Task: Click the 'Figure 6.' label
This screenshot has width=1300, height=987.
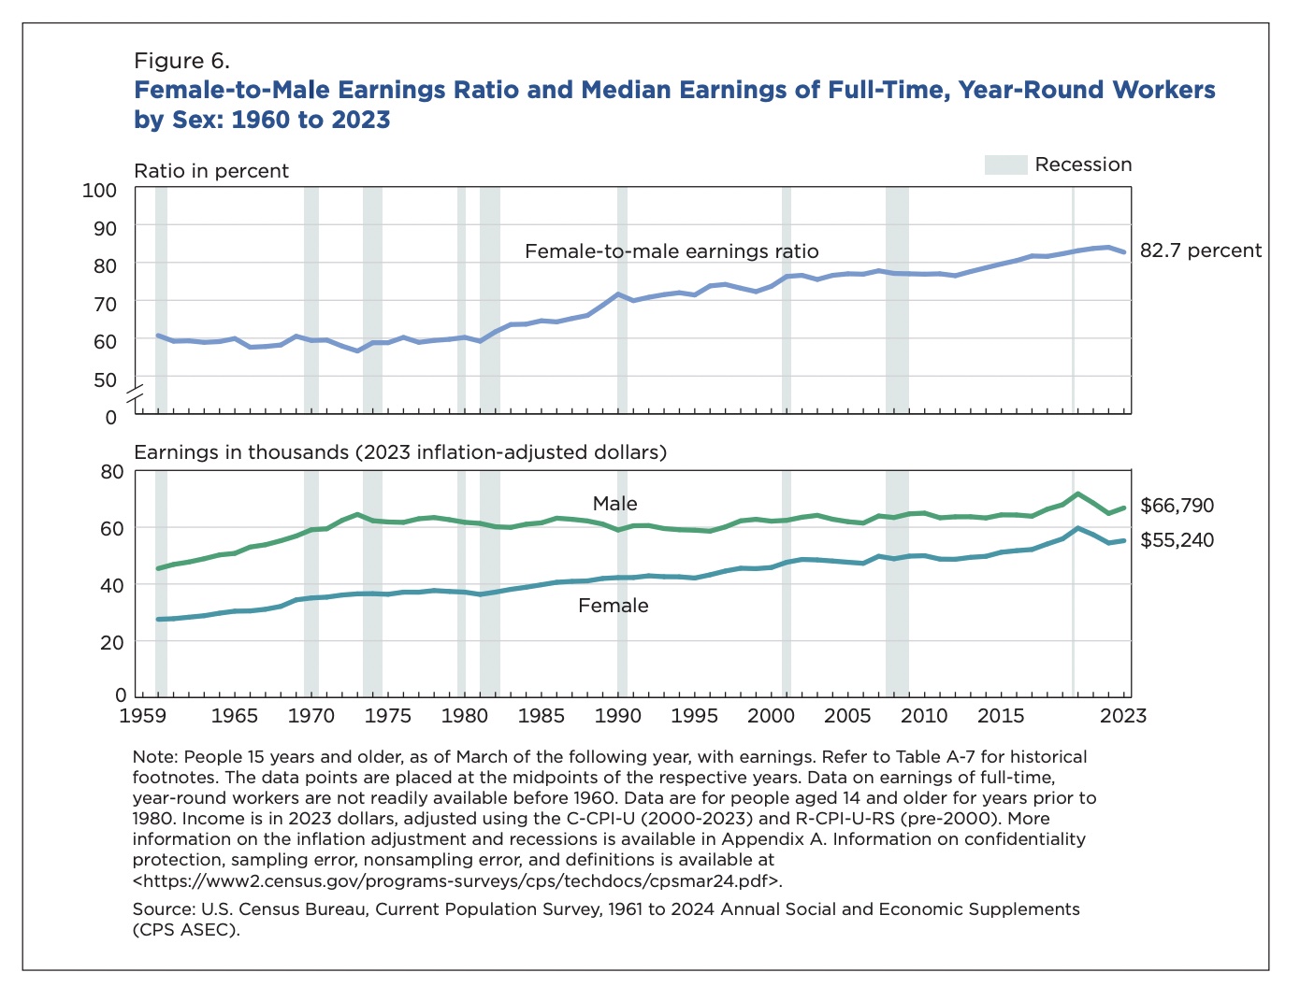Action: coord(181,62)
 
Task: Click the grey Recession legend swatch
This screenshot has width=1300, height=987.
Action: coord(1005,165)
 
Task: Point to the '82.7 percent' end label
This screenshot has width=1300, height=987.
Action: coord(1200,250)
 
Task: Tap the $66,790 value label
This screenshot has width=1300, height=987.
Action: coord(1177,506)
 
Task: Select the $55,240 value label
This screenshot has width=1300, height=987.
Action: coord(1177,540)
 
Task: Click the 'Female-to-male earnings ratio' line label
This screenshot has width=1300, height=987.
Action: coord(671,251)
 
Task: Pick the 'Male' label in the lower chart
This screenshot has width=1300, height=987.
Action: coord(614,504)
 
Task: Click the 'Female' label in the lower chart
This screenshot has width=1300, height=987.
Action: coord(613,606)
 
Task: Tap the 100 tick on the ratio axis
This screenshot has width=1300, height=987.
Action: coord(100,191)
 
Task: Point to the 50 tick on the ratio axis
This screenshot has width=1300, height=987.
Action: coord(105,380)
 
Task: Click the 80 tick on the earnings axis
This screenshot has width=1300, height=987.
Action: coord(111,471)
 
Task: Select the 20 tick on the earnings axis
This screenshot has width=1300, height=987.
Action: coord(111,642)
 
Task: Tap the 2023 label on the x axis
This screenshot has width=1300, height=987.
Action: coord(1122,715)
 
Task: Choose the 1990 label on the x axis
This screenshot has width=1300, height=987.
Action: coord(616,715)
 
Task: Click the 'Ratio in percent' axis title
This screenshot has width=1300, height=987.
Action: coord(211,171)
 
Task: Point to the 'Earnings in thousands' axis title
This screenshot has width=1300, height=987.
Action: coord(400,452)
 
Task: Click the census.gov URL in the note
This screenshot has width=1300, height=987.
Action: coord(457,880)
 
